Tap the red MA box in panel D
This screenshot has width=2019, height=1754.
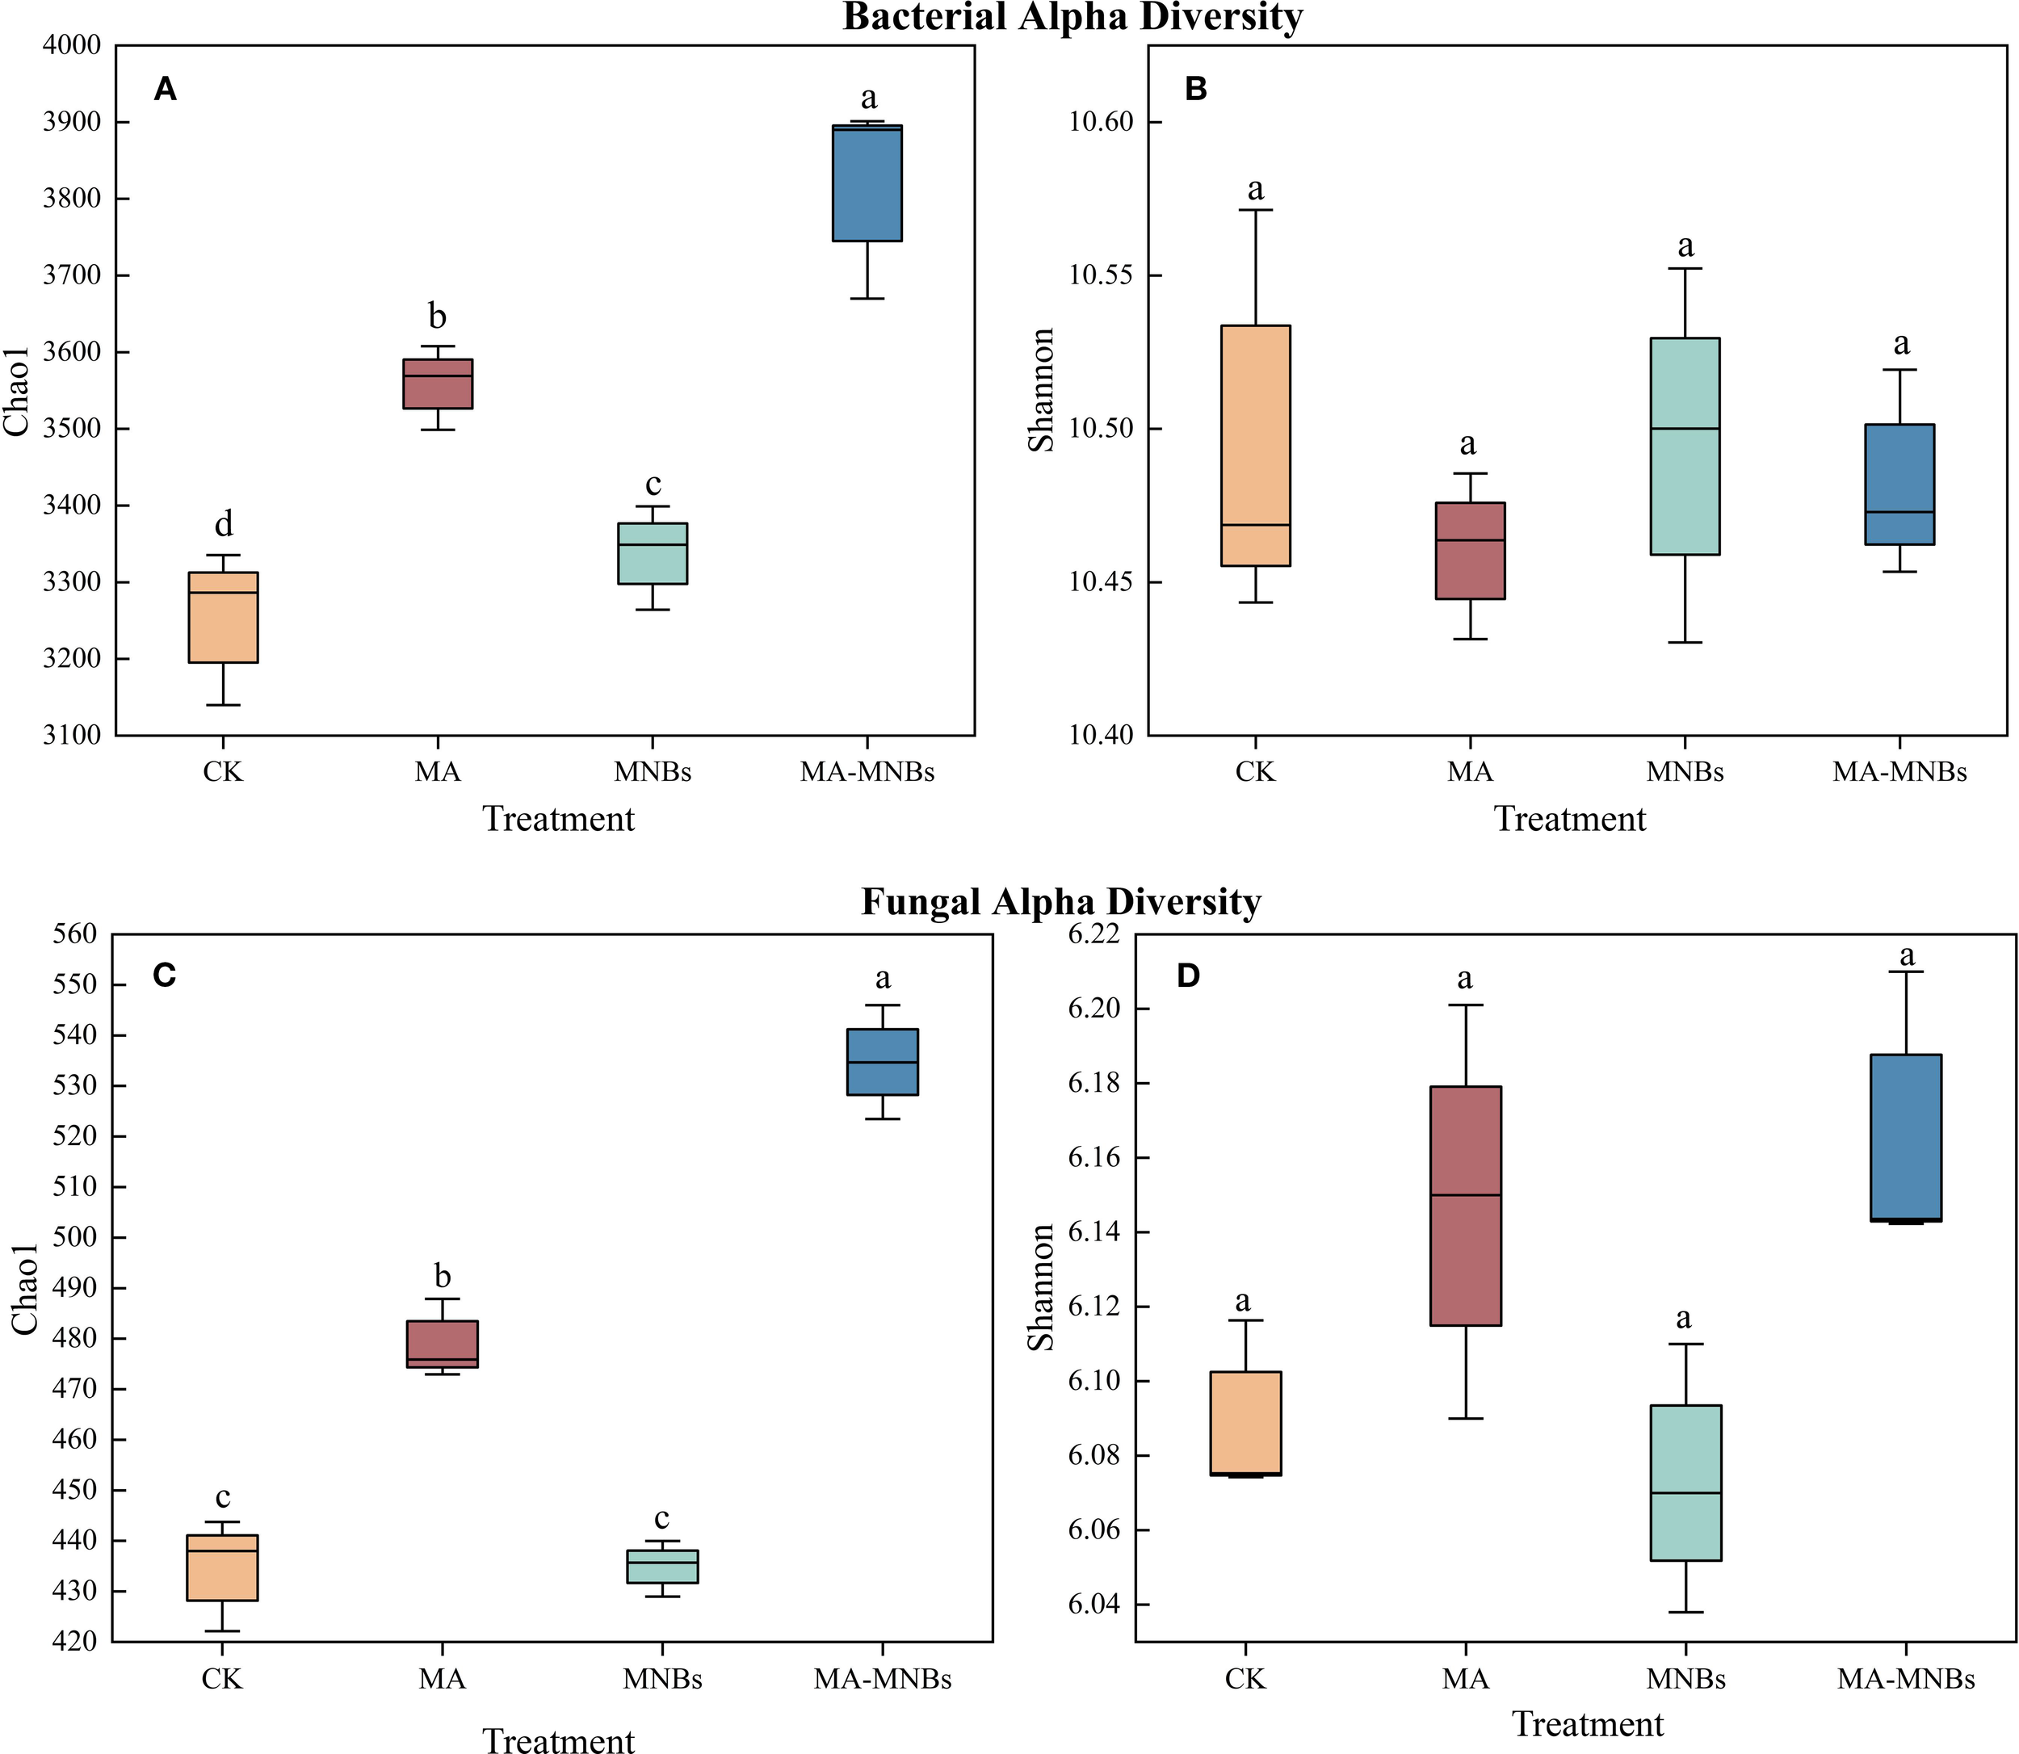coord(1465,1206)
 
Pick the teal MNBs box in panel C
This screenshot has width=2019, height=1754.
coord(661,1566)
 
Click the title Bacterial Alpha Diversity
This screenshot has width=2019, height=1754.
coord(1072,17)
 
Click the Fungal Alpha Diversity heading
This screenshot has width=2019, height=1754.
coord(1061,901)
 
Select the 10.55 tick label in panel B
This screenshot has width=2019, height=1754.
coord(1100,276)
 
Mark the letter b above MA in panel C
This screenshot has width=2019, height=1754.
coord(443,1277)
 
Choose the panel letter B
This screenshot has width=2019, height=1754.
coord(1195,89)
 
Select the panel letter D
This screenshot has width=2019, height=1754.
coord(1187,976)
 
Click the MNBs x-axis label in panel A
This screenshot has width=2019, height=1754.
coord(652,772)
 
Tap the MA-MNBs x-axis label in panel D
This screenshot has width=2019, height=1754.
coord(1904,1680)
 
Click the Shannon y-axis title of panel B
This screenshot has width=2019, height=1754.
coord(1041,389)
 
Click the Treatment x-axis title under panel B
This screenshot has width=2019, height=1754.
coord(1569,819)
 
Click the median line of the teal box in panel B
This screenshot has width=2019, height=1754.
coord(1685,429)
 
